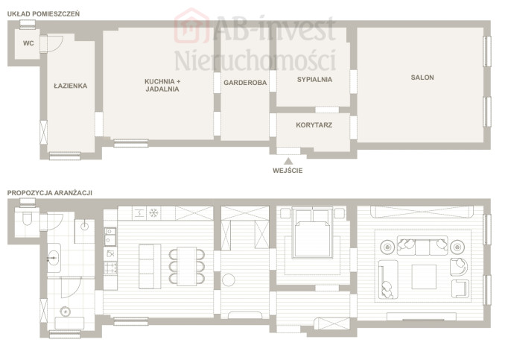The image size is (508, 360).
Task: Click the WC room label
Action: pyautogui.click(x=28, y=43)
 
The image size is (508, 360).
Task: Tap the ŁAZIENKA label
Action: pyautogui.click(x=70, y=86)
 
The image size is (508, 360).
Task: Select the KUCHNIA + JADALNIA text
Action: pyautogui.click(x=162, y=85)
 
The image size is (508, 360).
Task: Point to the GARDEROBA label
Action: pyautogui.click(x=245, y=83)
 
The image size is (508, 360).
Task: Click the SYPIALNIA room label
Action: pyautogui.click(x=314, y=80)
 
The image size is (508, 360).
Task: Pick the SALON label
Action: pyautogui.click(x=422, y=78)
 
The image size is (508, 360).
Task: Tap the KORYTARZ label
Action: pyautogui.click(x=314, y=125)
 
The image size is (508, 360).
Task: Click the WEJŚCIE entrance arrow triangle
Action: pyautogui.click(x=288, y=161)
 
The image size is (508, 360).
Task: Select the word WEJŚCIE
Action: pyautogui.click(x=288, y=171)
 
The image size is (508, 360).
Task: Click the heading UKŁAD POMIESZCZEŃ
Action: pyautogui.click(x=43, y=14)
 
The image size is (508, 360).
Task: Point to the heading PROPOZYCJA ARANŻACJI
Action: pyautogui.click(x=50, y=193)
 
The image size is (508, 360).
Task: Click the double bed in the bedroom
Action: pyautogui.click(x=312, y=233)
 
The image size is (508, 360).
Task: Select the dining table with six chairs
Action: pyautogui.click(x=187, y=266)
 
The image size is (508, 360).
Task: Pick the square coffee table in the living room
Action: pyautogui.click(x=424, y=277)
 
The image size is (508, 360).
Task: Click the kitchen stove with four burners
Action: pyautogui.click(x=110, y=268)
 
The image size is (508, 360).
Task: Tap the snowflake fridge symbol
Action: pyautogui.click(x=153, y=213)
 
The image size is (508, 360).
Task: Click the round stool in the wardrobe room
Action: pyautogui.click(x=229, y=280)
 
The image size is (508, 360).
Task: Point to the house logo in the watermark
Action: pyautogui.click(x=191, y=26)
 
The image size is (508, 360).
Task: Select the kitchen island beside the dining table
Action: pyautogui.click(x=150, y=266)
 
